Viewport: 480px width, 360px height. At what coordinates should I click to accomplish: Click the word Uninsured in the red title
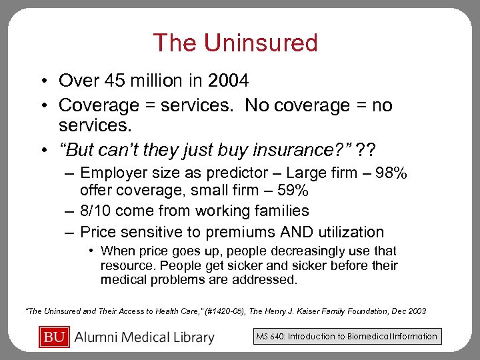tap(261, 43)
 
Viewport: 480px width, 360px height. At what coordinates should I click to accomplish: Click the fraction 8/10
tap(97, 211)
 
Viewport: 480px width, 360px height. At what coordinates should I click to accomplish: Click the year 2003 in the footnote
tap(417, 311)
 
